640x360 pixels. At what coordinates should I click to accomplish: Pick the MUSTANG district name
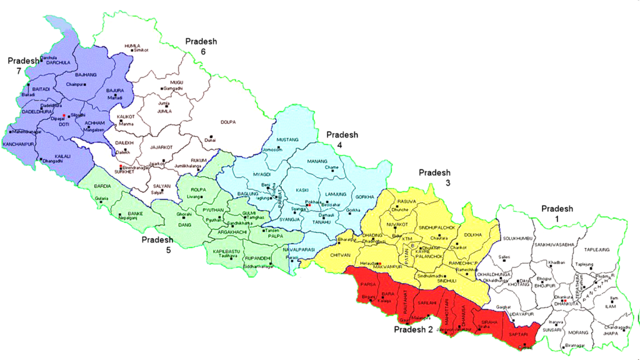(287, 139)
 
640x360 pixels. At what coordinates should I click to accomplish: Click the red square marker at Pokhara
(309, 205)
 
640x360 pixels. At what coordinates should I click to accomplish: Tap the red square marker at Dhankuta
(564, 301)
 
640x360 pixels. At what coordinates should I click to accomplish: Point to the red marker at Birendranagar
(121, 167)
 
